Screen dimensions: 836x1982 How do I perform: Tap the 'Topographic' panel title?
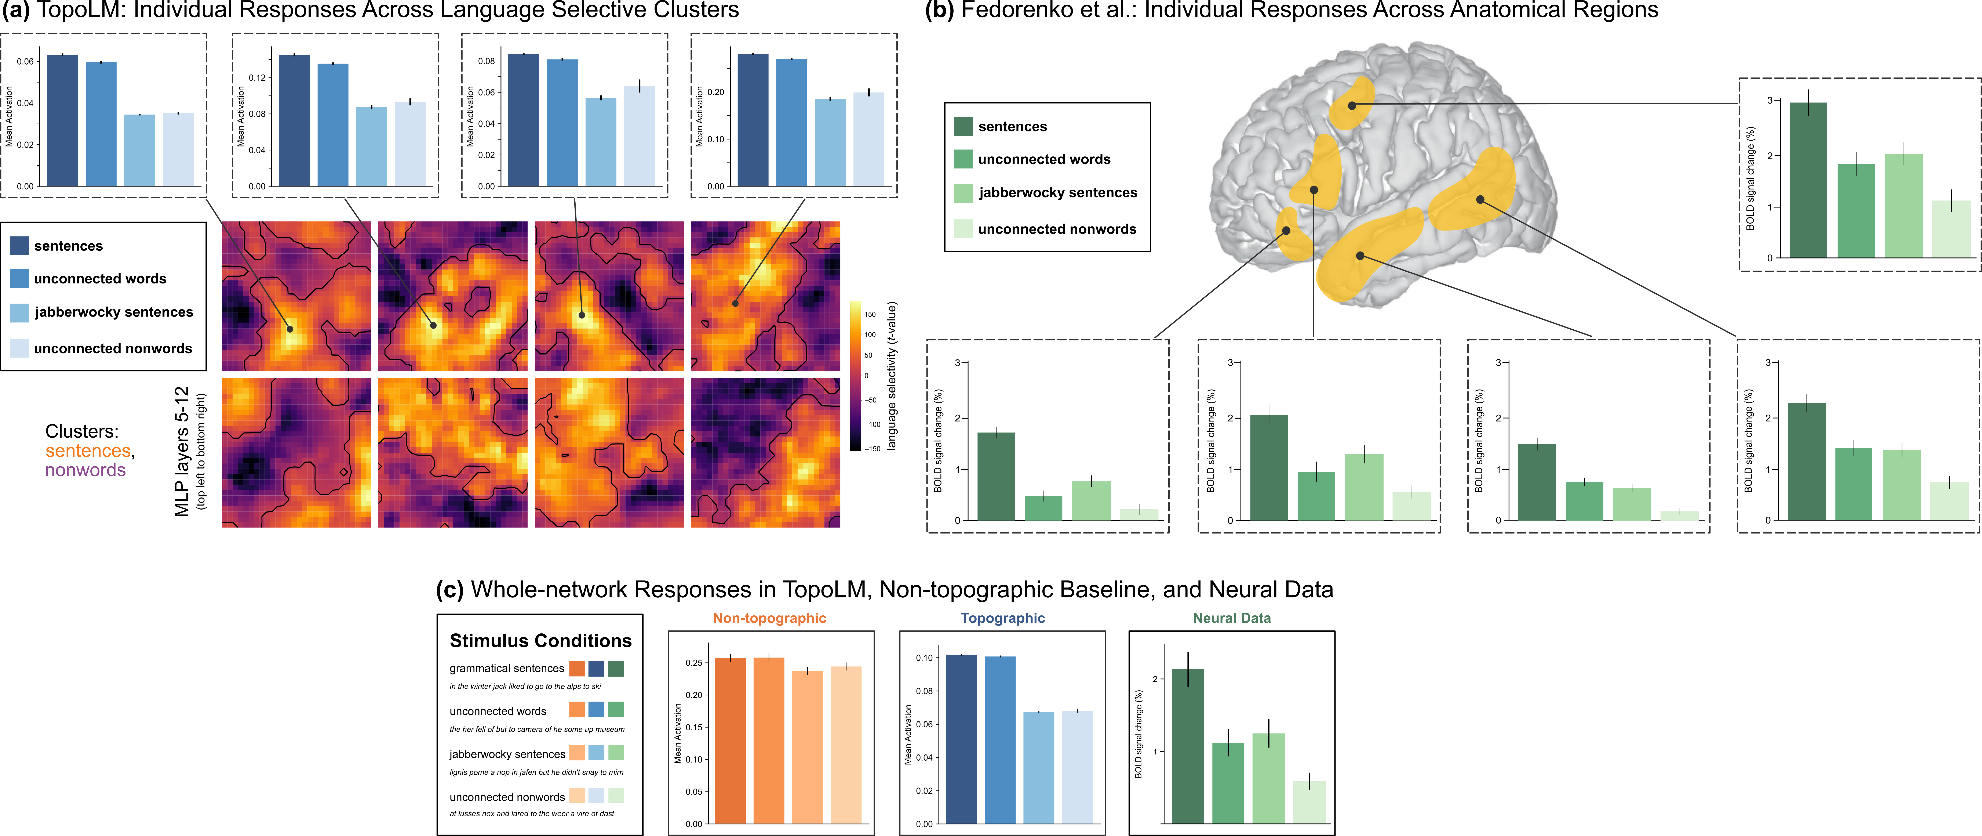click(1003, 618)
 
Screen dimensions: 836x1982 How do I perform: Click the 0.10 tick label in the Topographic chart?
click(923, 658)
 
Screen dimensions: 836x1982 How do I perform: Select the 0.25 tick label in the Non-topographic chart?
click(693, 663)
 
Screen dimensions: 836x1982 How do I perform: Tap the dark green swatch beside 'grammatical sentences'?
click(616, 668)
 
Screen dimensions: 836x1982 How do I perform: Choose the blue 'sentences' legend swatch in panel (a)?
click(19, 246)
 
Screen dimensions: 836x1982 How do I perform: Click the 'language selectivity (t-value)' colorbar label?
click(892, 376)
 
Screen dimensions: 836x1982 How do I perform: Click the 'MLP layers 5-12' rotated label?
click(182, 451)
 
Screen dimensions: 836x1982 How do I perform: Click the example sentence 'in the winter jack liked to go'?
click(525, 686)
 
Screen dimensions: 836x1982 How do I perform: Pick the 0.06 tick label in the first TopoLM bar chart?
click(25, 62)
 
